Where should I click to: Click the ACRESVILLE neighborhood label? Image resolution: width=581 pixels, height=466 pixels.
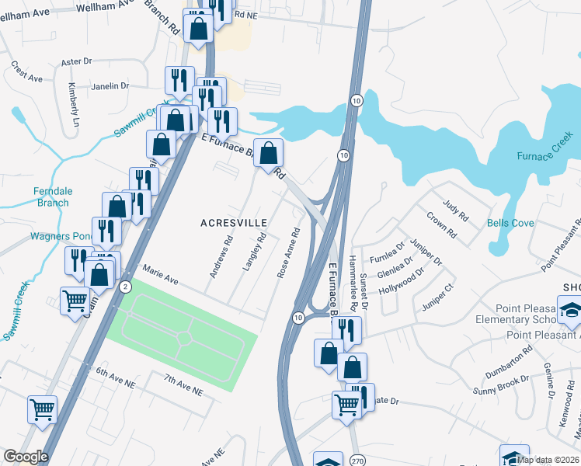click(234, 223)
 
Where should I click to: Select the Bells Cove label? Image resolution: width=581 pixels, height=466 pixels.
click(510, 223)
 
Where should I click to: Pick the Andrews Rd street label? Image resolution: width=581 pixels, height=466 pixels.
click(221, 257)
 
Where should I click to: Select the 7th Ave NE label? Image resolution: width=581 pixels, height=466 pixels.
click(183, 384)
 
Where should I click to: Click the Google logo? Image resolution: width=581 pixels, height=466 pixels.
click(26, 457)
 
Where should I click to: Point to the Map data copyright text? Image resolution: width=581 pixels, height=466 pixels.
click(548, 460)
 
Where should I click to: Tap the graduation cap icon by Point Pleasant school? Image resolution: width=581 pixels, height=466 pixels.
click(570, 309)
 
